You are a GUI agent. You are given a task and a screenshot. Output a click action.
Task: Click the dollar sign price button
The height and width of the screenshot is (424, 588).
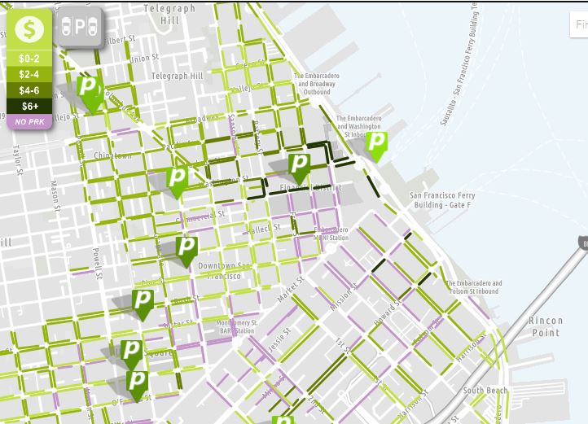[29, 29]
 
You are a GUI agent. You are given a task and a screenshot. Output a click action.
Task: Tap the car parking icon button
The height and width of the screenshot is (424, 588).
[80, 28]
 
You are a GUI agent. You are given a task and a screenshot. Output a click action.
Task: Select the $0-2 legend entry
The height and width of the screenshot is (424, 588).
[29, 59]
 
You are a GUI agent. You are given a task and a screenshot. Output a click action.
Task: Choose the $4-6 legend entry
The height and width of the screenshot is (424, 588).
[29, 90]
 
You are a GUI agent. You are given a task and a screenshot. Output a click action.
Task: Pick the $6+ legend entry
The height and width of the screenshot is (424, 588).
[29, 106]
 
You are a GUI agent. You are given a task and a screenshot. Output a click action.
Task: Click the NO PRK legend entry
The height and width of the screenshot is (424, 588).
[29, 121]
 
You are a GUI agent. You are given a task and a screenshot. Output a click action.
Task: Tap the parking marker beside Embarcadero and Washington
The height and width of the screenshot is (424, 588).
[375, 144]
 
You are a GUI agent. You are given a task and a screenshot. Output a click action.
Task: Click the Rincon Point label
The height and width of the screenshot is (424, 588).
[545, 326]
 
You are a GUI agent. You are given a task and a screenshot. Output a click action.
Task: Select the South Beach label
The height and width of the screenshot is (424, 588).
[485, 391]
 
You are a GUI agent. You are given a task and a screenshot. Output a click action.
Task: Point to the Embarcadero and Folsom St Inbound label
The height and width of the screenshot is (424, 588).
[474, 287]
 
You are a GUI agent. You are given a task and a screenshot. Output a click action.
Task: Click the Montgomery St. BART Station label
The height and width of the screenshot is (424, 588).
[237, 326]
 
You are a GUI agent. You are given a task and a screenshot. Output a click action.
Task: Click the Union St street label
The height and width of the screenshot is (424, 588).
[143, 58]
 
